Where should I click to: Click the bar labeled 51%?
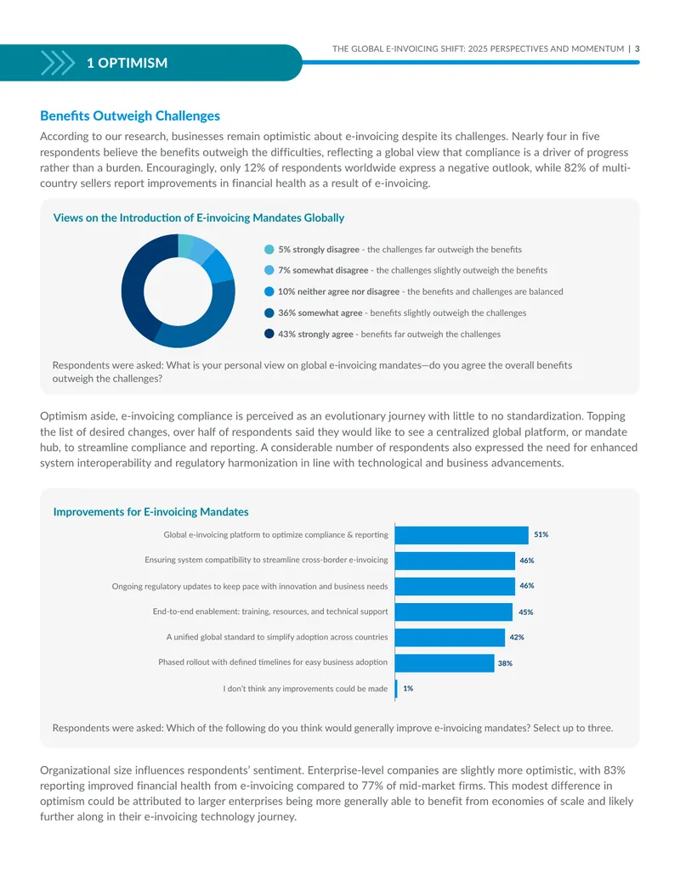point(462,535)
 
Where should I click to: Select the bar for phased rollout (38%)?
point(445,662)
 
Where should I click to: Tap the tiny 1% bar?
point(396,689)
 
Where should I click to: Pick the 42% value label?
point(517,638)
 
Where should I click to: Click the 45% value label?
point(525,612)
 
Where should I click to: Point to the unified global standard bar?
point(450,638)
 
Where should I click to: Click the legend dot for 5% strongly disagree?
point(269,250)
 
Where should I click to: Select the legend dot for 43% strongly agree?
point(269,334)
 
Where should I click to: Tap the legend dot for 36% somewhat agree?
point(269,313)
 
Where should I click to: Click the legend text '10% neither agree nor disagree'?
point(339,291)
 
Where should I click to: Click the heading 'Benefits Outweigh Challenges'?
point(130,116)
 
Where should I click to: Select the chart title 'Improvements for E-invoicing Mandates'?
point(151,512)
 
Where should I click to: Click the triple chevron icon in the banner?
point(57,63)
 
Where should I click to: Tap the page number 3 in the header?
point(637,48)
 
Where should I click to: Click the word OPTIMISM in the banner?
point(133,63)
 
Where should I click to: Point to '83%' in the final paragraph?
point(615,770)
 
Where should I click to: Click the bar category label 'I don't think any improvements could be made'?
point(305,689)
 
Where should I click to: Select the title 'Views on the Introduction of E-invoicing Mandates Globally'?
point(199,218)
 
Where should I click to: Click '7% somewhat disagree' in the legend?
point(323,270)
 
